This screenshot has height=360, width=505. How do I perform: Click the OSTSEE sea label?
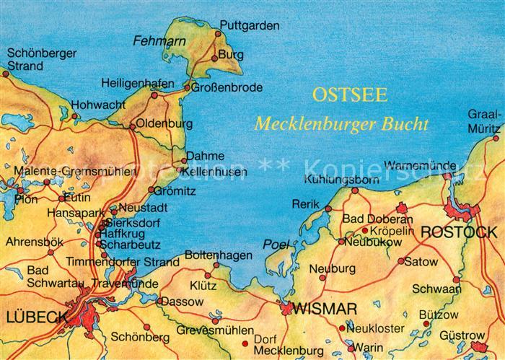pos(349,95)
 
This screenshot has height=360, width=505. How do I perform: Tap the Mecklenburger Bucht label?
pos(341,123)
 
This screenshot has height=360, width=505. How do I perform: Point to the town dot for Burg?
pos(214,58)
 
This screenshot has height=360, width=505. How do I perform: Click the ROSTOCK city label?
pos(458,232)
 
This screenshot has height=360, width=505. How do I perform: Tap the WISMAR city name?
pos(325,309)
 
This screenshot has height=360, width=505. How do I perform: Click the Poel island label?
pos(275,244)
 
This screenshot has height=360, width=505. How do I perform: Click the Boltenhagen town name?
pos(219,255)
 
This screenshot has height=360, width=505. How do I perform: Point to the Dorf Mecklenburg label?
pos(278,344)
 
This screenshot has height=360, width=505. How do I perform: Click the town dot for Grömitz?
pos(151,190)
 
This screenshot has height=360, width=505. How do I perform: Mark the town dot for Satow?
pos(401,262)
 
